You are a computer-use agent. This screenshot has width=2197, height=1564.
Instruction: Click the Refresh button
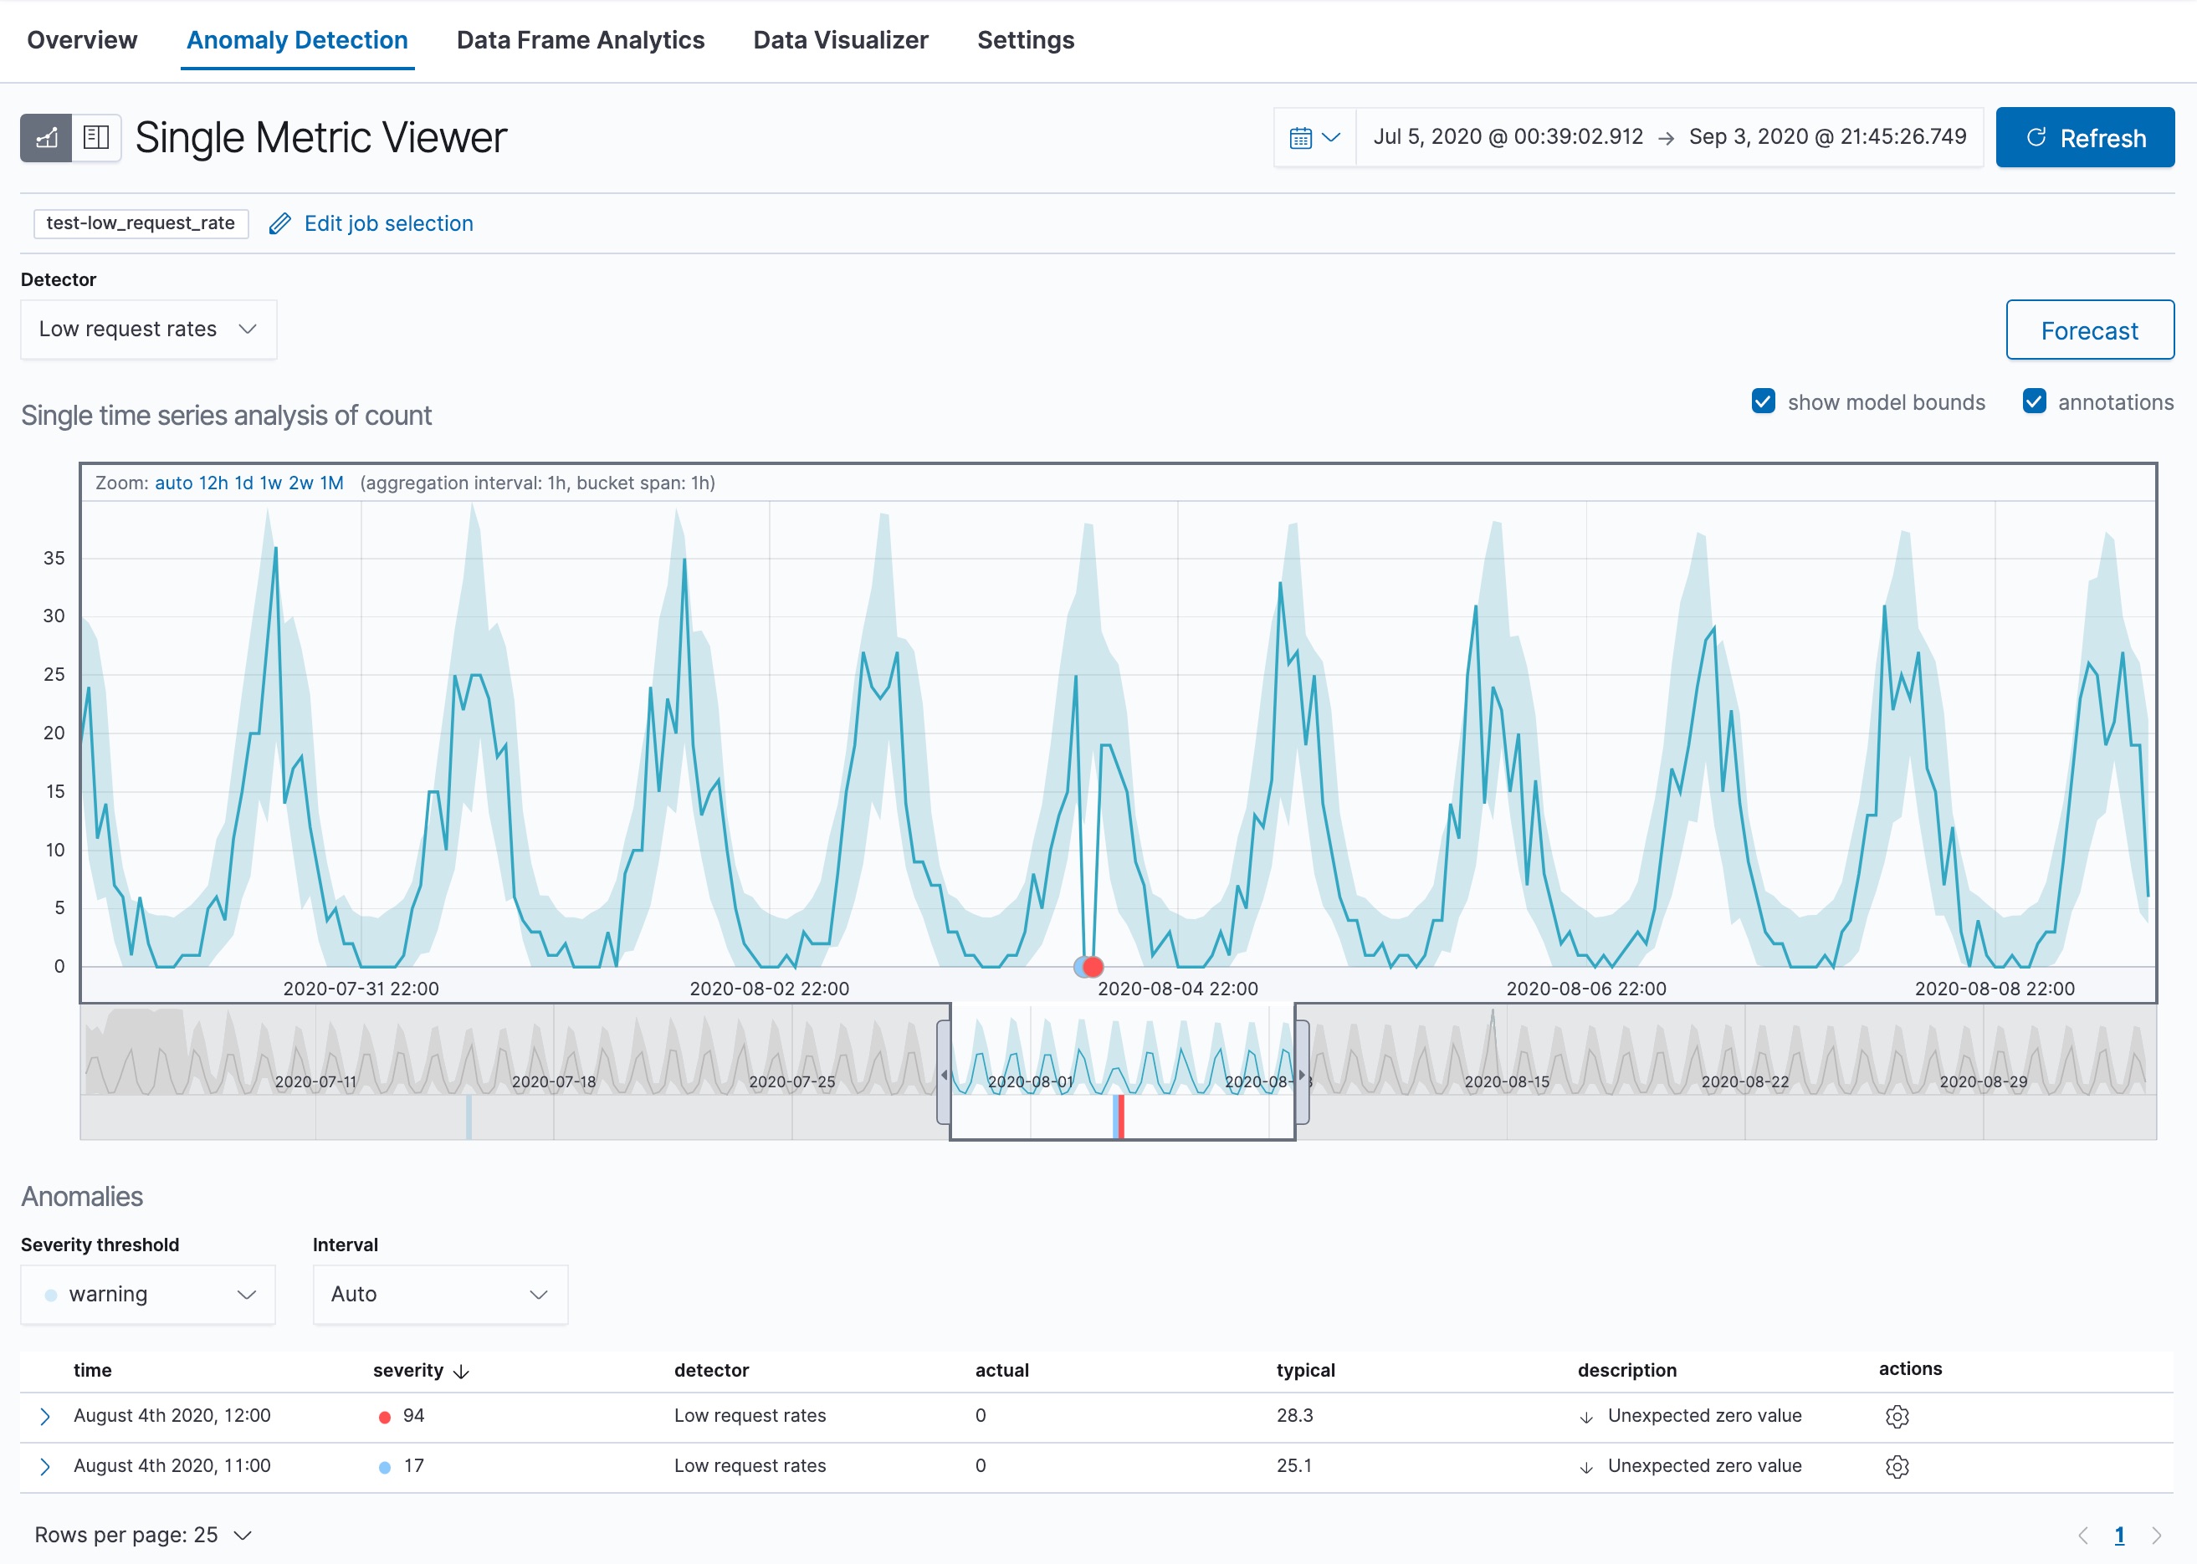tap(2084, 138)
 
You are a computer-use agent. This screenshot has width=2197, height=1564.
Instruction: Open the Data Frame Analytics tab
tap(580, 40)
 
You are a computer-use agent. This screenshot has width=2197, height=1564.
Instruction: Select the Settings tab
tap(1025, 40)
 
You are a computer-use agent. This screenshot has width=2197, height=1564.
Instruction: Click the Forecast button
tap(2088, 330)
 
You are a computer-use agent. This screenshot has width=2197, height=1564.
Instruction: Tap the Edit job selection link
tap(387, 223)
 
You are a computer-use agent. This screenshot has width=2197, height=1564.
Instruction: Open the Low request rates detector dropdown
tap(148, 330)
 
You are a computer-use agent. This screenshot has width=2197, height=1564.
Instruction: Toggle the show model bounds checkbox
tap(1763, 401)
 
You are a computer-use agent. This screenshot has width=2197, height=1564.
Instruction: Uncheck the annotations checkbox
tap(2033, 401)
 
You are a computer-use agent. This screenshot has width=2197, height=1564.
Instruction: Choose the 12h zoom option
tap(213, 483)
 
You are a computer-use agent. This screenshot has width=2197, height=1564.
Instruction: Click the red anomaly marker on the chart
tap(1093, 966)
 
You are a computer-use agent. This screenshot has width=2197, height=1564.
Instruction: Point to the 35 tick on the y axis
tap(54, 559)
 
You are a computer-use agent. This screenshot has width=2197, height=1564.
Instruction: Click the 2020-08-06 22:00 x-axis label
tap(1585, 988)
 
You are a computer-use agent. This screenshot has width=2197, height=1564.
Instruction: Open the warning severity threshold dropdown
tap(148, 1295)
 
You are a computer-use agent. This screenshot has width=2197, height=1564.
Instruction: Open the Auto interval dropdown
tap(440, 1295)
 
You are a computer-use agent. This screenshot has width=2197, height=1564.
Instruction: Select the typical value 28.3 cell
tap(1294, 1416)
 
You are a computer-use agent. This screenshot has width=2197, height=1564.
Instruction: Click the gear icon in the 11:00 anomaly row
tap(1897, 1467)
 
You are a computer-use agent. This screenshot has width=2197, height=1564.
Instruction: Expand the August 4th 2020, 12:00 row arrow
tap(44, 1417)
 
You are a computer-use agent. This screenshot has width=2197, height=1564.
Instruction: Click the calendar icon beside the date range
tap(1300, 138)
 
